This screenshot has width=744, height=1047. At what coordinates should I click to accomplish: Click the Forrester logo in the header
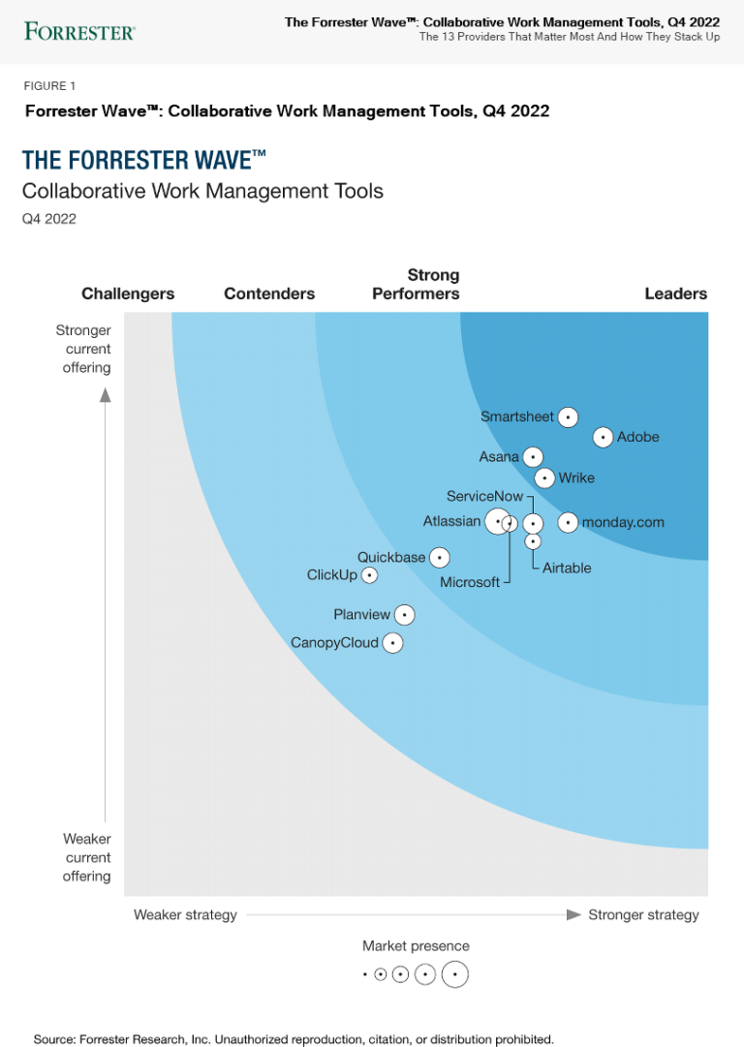click(x=79, y=31)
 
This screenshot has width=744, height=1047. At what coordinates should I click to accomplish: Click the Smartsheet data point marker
click(x=569, y=416)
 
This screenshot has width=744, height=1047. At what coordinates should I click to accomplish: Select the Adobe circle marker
click(x=603, y=438)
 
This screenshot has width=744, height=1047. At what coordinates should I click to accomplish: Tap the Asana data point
click(x=533, y=457)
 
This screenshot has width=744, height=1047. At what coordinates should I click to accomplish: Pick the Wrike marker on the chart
click(x=544, y=477)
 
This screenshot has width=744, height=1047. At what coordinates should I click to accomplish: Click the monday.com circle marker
click(x=568, y=523)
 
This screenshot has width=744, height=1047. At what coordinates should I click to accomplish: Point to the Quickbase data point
click(x=440, y=558)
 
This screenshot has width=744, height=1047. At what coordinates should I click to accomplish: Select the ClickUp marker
click(x=369, y=575)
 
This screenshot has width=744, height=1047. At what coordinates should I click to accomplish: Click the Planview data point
click(x=405, y=615)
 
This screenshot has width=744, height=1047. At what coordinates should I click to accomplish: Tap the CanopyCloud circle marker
click(x=392, y=642)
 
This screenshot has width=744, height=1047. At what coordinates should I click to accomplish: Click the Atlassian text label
click(x=451, y=521)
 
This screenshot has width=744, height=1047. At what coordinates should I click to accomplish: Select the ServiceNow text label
click(x=484, y=497)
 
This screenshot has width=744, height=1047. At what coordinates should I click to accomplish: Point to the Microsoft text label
click(x=470, y=582)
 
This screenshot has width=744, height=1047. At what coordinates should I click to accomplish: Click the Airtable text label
click(x=567, y=568)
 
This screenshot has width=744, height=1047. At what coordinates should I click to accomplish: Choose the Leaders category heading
click(x=675, y=293)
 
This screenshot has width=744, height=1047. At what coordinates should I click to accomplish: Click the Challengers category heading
click(x=128, y=293)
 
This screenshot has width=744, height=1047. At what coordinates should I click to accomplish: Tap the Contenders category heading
click(x=269, y=293)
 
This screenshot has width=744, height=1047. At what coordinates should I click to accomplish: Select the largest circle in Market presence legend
click(x=455, y=974)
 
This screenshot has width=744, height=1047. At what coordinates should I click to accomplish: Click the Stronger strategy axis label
click(x=643, y=914)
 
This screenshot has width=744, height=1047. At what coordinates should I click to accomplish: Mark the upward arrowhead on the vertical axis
click(x=106, y=394)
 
